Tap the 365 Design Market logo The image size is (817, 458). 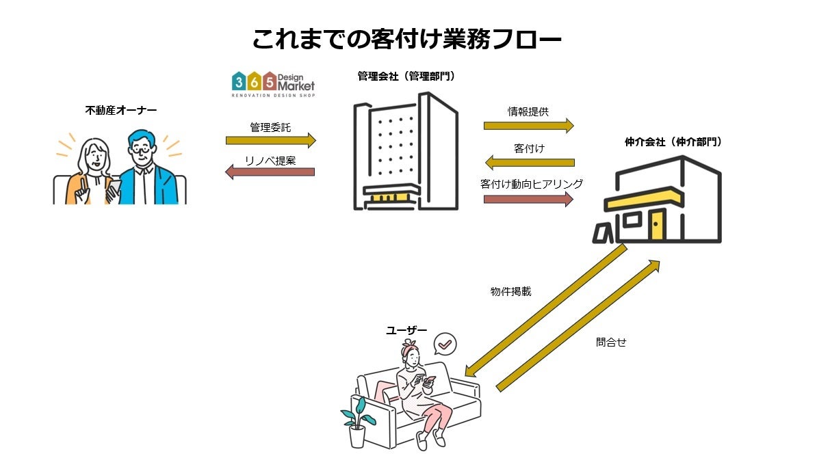[273, 84]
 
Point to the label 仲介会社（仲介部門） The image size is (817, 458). [673, 142]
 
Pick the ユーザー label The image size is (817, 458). [406, 330]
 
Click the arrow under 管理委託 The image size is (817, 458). [270, 141]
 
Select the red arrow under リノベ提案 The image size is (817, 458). [270, 172]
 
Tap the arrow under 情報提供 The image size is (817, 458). [528, 125]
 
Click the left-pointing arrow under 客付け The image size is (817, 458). [529, 163]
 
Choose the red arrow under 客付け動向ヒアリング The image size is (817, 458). [528, 199]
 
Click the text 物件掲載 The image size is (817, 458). [510, 291]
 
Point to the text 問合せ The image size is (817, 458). [611, 342]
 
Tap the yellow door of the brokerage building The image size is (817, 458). [657, 225]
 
